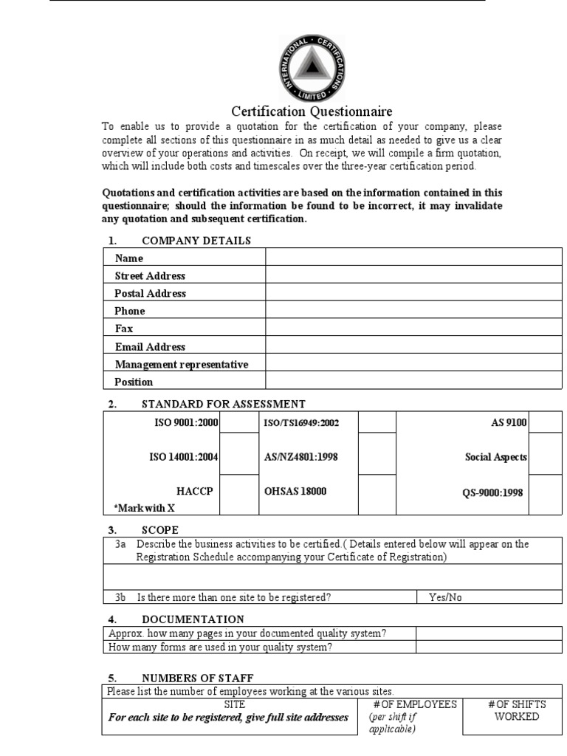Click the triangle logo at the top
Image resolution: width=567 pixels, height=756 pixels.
[312, 69]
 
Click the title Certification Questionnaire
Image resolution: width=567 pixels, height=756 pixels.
[312, 111]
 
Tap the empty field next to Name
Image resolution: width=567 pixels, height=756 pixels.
[413, 258]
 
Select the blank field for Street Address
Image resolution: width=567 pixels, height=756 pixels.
[413, 275]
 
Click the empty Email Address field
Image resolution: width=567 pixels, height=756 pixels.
[413, 346]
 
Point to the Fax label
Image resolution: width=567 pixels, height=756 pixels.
[124, 329]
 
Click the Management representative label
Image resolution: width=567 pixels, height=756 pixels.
[182, 364]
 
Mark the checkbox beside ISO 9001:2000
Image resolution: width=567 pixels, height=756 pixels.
[238, 422]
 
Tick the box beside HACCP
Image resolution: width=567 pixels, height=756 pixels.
[238, 492]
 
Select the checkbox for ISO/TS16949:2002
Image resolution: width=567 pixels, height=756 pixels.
[377, 422]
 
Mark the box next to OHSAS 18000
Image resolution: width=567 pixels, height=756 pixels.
[377, 492]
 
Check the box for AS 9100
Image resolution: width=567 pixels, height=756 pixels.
[546, 422]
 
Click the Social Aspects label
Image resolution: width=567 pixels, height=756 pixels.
[496, 457]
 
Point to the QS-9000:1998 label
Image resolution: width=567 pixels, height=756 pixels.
[491, 492]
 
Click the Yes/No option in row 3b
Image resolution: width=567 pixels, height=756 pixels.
[445, 597]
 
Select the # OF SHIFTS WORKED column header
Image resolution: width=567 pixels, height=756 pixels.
[517, 710]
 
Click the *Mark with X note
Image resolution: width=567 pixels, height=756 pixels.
[145, 507]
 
